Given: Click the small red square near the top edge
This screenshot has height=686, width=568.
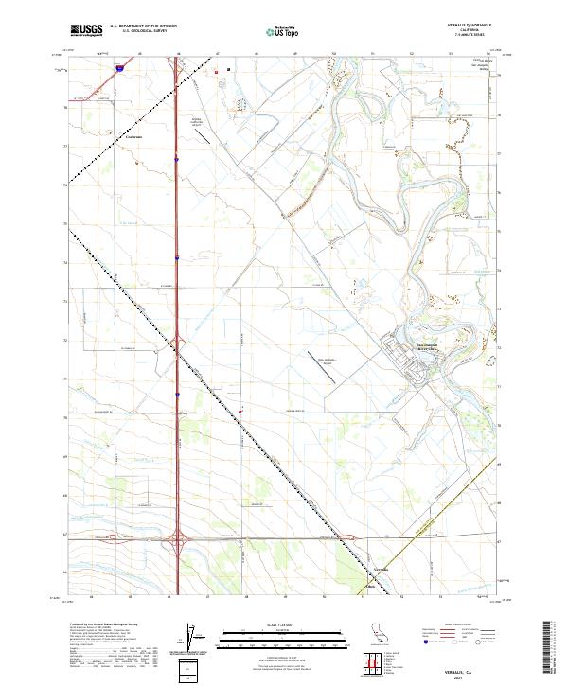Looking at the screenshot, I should point(216,71).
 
